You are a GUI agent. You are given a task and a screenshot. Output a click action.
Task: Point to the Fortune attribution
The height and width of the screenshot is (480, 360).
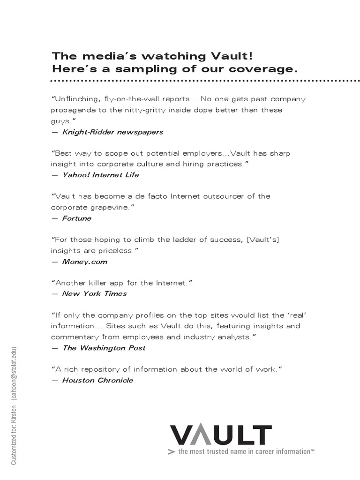[77, 218]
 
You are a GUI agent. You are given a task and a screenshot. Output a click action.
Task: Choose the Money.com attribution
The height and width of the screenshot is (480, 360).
[85, 262]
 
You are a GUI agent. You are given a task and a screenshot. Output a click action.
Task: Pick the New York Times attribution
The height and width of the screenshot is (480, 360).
[94, 294]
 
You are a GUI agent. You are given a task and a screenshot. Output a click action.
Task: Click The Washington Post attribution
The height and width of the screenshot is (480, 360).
[104, 348]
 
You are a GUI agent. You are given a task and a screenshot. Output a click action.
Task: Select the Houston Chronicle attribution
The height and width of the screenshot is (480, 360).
[97, 380]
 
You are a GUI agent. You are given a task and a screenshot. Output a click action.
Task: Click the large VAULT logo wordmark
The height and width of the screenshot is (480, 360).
[220, 435]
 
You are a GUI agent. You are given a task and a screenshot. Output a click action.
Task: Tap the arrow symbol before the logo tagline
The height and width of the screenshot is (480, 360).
[171, 452]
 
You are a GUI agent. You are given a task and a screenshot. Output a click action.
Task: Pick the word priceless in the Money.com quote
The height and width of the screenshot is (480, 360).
[112, 250]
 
